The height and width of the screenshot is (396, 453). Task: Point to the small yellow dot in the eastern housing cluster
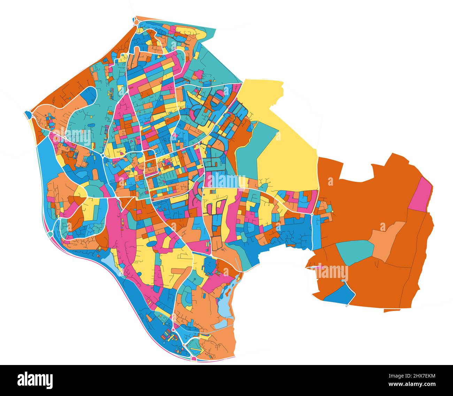click(x=333, y=211)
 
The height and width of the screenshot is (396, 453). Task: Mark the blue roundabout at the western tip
click(x=28, y=114)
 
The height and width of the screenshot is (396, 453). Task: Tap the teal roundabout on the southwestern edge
click(x=50, y=233)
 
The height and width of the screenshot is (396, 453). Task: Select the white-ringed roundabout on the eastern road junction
click(x=313, y=213)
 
